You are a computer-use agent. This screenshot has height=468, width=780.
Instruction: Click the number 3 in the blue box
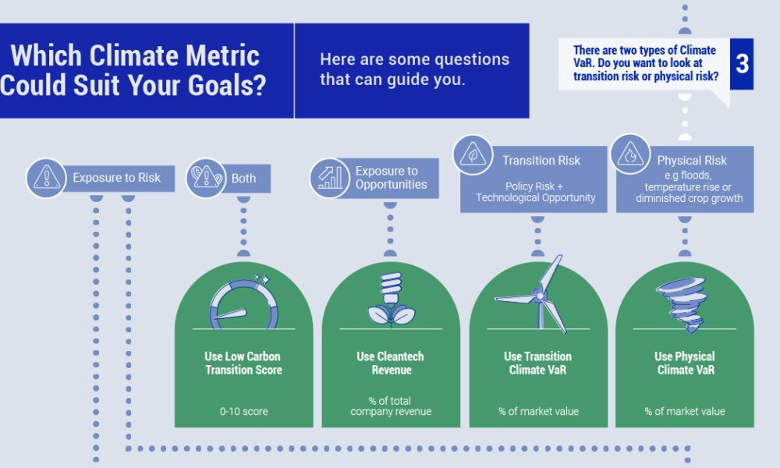tap(742, 64)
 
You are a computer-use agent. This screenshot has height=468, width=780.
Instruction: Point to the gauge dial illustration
tap(243, 300)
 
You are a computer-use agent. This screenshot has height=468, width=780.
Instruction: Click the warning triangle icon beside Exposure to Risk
tap(47, 178)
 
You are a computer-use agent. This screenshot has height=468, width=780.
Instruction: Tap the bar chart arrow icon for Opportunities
tap(330, 178)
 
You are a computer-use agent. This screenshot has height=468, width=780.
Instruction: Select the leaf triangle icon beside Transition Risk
tap(474, 154)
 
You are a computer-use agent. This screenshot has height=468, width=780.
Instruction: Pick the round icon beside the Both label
tap(205, 178)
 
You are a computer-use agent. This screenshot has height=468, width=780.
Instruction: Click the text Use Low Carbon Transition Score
tap(243, 363)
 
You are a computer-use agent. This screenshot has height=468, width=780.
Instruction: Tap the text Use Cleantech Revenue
tap(391, 363)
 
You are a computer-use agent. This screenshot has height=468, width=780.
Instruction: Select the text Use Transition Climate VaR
tap(538, 363)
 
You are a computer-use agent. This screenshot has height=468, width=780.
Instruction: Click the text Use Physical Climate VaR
tap(684, 363)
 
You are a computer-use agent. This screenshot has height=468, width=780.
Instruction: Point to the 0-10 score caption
tap(243, 411)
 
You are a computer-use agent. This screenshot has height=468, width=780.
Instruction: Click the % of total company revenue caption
tap(391, 406)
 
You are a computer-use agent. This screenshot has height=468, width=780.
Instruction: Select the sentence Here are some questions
tap(414, 60)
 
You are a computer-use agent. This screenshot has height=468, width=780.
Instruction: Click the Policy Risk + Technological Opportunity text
tap(536, 192)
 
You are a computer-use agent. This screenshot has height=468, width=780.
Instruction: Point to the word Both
tap(243, 178)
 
